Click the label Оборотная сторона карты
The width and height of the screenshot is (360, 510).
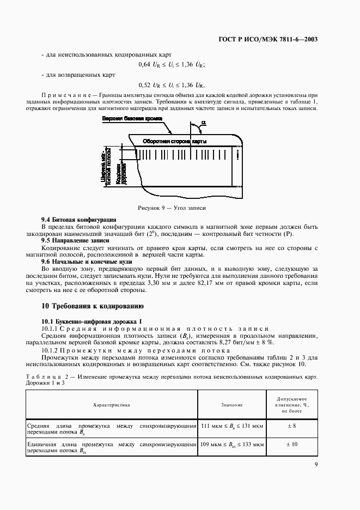[174, 141]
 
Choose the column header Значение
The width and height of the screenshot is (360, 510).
[231, 405]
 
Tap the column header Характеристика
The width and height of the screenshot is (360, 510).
[112, 405]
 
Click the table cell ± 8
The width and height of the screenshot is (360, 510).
[294, 425]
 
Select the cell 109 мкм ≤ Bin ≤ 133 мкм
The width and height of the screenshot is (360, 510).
[232, 445]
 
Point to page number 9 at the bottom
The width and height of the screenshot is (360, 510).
[316, 464]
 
